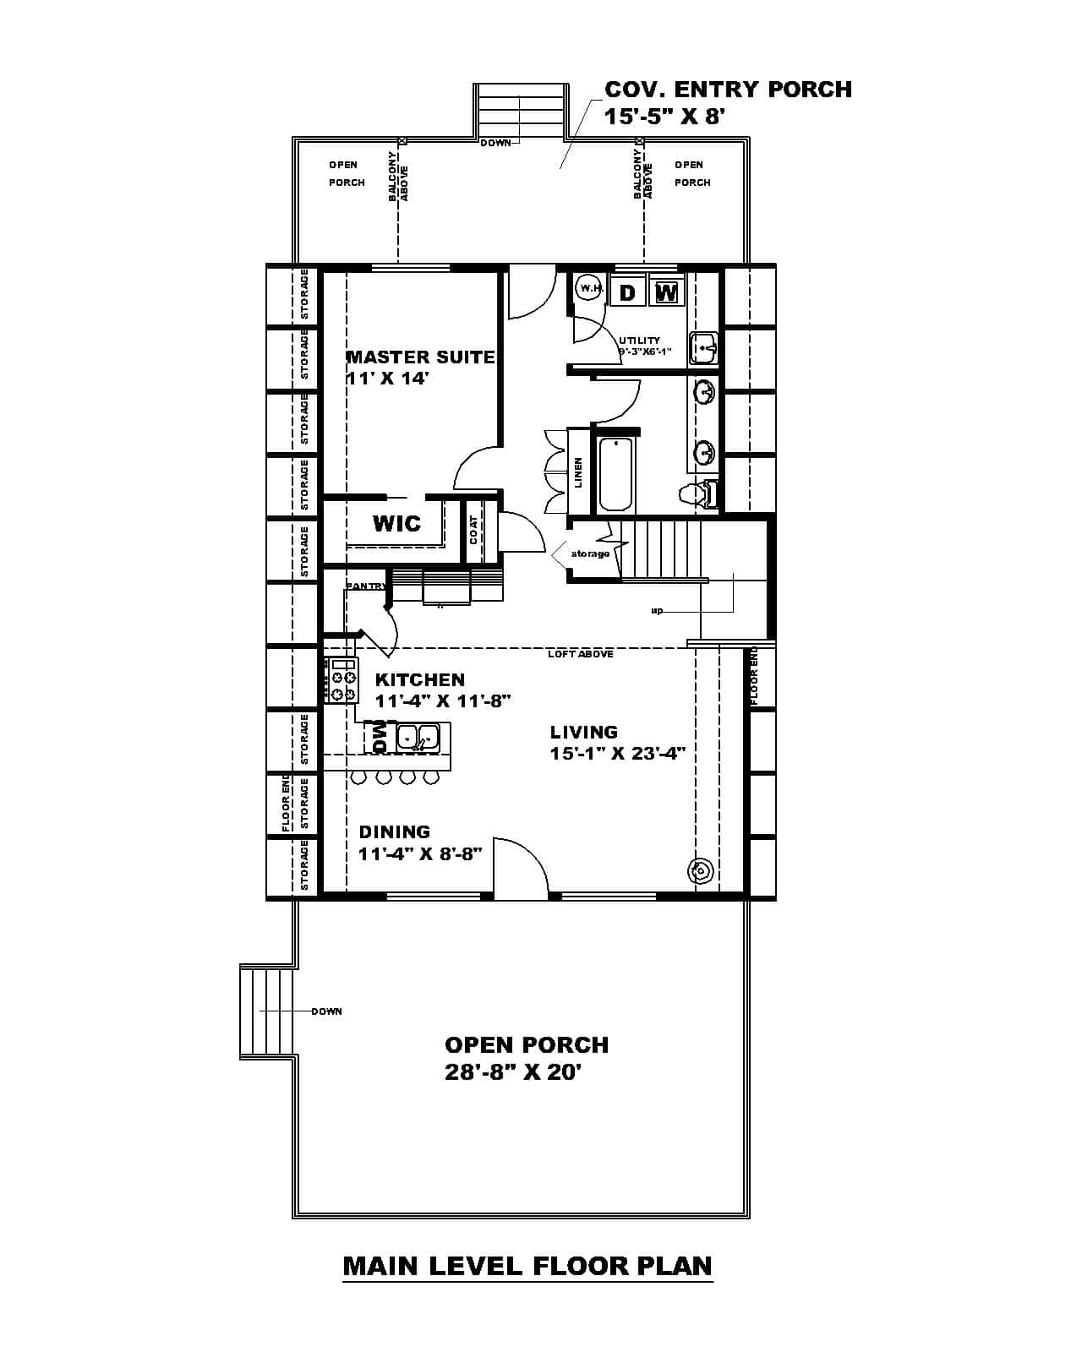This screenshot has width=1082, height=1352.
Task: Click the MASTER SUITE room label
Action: click(x=420, y=357)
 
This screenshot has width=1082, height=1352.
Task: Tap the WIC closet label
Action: click(x=396, y=523)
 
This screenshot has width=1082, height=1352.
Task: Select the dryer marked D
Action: click(x=627, y=292)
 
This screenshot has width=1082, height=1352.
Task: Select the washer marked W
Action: click(x=666, y=292)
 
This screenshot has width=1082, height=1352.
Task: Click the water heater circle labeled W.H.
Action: click(x=589, y=289)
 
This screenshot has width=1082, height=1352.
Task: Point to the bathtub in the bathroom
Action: click(x=616, y=474)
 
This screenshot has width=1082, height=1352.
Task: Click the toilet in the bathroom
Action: click(x=700, y=492)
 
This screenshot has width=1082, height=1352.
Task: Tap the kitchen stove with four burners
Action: click(x=342, y=681)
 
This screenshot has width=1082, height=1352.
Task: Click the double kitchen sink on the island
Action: click(x=418, y=738)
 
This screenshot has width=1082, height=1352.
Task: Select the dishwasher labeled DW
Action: click(x=379, y=738)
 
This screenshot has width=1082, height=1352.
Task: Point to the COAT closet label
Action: click(x=473, y=531)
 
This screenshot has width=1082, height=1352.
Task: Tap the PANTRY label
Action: click(x=365, y=586)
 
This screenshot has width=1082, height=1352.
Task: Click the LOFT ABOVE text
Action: click(x=580, y=654)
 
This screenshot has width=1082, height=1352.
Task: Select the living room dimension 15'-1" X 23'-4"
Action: click(x=617, y=753)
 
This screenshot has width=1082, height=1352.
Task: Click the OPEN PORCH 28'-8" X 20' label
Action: click(x=526, y=1058)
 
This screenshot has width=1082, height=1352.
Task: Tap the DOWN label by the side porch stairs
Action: click(x=326, y=1011)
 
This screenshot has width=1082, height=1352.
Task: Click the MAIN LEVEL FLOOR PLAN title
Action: click(x=527, y=1266)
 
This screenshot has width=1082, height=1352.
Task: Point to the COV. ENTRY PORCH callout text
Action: click(x=727, y=101)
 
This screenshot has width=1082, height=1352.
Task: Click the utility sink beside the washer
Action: click(x=703, y=346)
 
